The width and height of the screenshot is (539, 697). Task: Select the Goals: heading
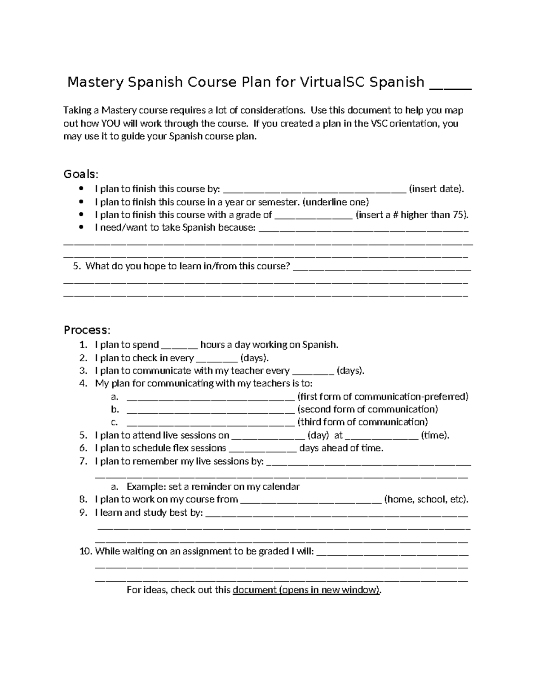coord(80,174)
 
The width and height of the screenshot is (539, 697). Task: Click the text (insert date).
coord(436,189)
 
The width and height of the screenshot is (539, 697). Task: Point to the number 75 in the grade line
coord(459,215)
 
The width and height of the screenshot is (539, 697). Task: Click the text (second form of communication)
coord(368,409)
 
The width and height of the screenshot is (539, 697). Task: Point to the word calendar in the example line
coord(281,487)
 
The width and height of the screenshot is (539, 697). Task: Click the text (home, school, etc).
coord(426,500)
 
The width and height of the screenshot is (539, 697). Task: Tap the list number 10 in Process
coord(85,552)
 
